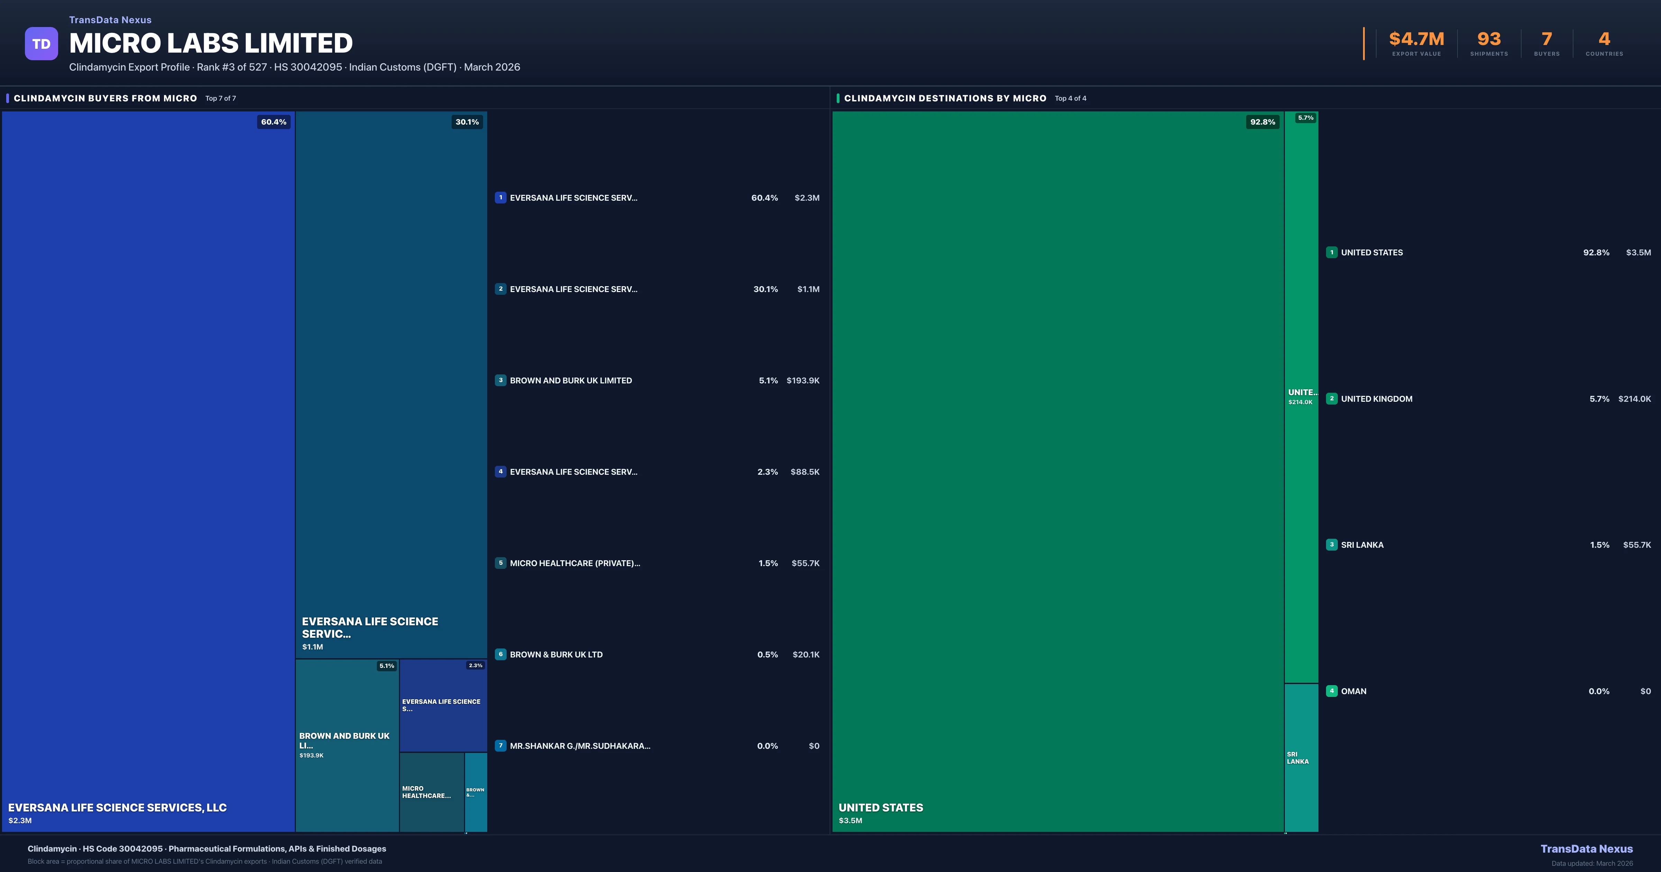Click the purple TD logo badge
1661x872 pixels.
tap(41, 44)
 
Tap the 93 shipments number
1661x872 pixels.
tap(1489, 39)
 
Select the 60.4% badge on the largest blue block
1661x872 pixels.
tap(273, 122)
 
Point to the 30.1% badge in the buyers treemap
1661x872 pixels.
tap(467, 122)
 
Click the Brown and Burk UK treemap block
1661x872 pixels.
tap(347, 745)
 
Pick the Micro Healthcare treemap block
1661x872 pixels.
tap(432, 792)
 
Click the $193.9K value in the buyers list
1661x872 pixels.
tap(803, 381)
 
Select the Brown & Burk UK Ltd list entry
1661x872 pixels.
tap(556, 655)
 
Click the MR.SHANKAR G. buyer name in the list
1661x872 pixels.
tap(580, 746)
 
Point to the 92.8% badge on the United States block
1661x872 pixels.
tap(1262, 122)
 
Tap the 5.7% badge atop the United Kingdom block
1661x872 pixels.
tap(1305, 118)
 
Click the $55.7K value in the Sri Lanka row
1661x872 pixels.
tap(1636, 545)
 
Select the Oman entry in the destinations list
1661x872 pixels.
tap(1353, 691)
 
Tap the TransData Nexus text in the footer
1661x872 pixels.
tap(1586, 849)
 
